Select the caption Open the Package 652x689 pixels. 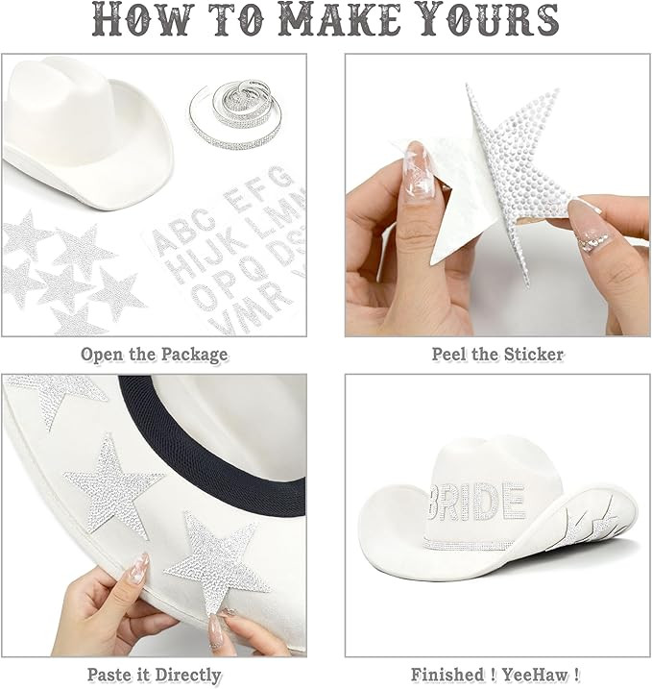(155, 354)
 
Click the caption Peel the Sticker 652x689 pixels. (497, 354)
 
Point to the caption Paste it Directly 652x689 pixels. (155, 675)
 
